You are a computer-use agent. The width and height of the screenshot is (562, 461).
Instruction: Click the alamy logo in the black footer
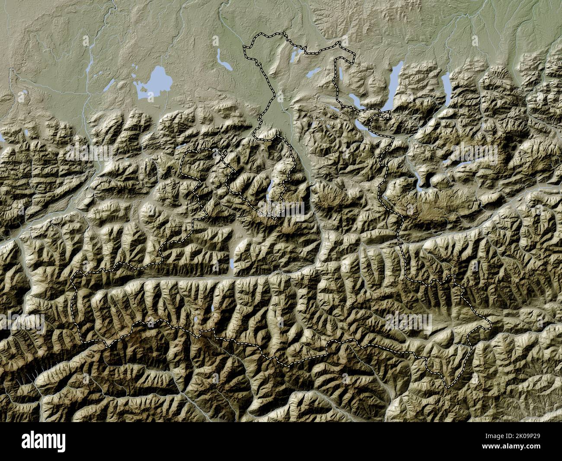[43, 442]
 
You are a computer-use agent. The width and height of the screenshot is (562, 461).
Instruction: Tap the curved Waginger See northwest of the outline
[224, 61]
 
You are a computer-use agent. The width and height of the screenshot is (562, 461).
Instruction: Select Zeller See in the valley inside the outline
[233, 264]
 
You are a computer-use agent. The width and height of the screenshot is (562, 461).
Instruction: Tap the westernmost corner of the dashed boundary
[72, 281]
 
